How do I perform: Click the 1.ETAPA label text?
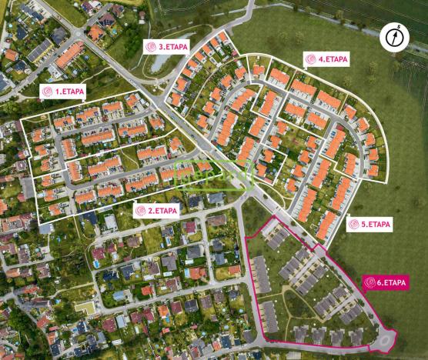point(69,92)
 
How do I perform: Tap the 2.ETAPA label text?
point(163,210)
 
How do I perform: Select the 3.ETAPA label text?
point(173,47)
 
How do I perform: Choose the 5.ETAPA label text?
point(376,225)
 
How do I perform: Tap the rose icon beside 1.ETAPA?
point(48,92)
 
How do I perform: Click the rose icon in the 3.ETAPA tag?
point(151,47)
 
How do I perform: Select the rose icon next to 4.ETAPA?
point(311,59)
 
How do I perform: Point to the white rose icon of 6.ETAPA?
point(372,282)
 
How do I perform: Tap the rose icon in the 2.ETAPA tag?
point(141,210)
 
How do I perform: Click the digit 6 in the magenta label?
point(383,282)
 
